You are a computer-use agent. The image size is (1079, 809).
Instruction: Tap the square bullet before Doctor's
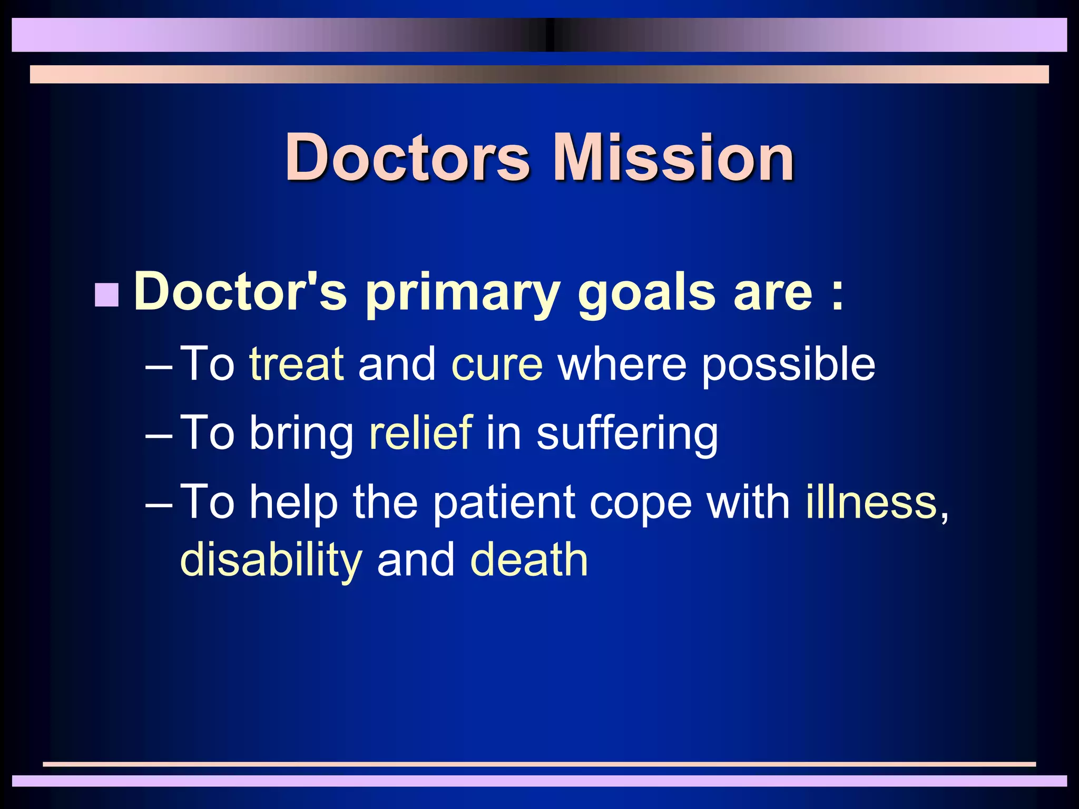tap(107, 295)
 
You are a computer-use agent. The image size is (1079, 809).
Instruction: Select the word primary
tap(462, 293)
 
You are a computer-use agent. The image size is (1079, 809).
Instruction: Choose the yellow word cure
tap(496, 364)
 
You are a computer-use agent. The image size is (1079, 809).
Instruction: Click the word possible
tap(788, 364)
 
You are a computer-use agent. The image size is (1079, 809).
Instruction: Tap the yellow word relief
tap(420, 432)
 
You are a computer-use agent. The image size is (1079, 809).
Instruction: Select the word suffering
tap(627, 433)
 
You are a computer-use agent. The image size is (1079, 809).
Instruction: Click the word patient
tap(504, 502)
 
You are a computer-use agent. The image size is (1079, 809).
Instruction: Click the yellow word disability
tap(271, 560)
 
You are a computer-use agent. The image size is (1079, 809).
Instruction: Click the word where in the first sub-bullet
tap(622, 364)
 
